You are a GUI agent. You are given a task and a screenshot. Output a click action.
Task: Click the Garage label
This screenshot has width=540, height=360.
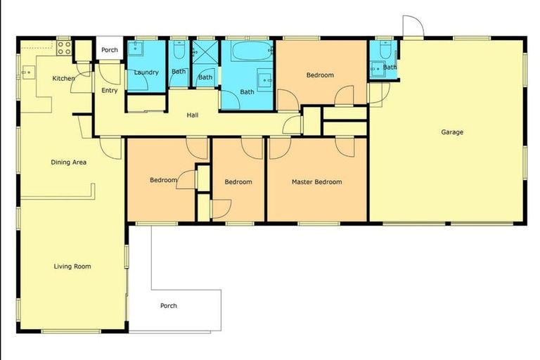pyautogui.click(x=452, y=131)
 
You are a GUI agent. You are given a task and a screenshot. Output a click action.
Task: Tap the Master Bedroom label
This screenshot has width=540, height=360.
pyautogui.click(x=316, y=182)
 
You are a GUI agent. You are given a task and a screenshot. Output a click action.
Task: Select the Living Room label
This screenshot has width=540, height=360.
pyautogui.click(x=72, y=266)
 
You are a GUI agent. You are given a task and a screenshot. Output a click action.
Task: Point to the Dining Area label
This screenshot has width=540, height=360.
pyautogui.click(x=69, y=162)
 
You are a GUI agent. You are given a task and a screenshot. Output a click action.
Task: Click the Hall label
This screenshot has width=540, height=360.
pyautogui.click(x=192, y=115)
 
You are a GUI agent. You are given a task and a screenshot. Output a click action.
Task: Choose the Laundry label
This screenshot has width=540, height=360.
pyautogui.click(x=146, y=72)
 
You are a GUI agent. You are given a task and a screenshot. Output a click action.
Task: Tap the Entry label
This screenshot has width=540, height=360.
pyautogui.click(x=110, y=91)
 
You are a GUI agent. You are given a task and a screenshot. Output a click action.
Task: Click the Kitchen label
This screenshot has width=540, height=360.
pyautogui.click(x=63, y=78)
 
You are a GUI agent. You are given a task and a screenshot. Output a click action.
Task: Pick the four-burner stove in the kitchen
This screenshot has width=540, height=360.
pyautogui.click(x=63, y=48)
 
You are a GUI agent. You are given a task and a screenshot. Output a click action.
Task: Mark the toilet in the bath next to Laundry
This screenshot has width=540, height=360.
pyautogui.click(x=179, y=50)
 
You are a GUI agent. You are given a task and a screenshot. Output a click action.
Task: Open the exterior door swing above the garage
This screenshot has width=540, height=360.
pyautogui.click(x=413, y=26)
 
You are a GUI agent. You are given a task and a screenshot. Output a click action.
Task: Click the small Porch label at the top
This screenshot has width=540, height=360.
pyautogui.click(x=110, y=50)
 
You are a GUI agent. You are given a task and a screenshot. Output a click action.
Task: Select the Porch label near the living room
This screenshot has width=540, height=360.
pyautogui.click(x=169, y=306)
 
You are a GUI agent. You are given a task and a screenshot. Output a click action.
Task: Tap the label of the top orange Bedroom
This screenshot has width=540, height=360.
pyautogui.click(x=320, y=75)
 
